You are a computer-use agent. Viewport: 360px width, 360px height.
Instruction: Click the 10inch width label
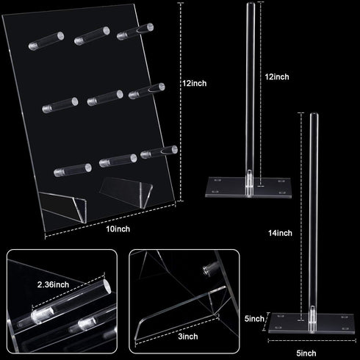tap(118, 229)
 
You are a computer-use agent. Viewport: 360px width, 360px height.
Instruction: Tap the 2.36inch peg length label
tap(53, 284)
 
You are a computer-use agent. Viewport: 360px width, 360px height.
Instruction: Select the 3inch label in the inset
tap(188, 336)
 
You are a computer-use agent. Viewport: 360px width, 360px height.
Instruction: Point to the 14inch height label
tap(280, 233)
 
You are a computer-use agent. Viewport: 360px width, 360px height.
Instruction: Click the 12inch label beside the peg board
tap(194, 83)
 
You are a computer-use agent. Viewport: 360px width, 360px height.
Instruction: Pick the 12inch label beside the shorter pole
tap(277, 77)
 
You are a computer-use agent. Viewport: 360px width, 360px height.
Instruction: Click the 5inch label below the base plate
tap(306, 353)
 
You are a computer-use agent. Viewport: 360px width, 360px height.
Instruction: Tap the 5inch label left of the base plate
tap(254, 319)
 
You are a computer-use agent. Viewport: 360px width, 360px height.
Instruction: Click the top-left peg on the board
tap(46, 41)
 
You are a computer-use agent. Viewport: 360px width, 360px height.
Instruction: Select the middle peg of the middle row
tap(105, 98)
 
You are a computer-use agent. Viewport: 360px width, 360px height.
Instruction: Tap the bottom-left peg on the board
tap(73, 170)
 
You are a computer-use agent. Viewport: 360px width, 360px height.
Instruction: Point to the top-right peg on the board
tap(135, 32)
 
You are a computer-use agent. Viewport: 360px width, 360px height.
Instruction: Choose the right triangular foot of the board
tap(126, 192)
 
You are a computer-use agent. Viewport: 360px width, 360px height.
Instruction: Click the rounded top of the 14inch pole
tap(314, 115)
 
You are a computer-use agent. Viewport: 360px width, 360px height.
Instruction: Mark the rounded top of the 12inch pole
tap(251, 5)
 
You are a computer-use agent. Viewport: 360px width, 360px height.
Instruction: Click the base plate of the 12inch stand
tap(248, 187)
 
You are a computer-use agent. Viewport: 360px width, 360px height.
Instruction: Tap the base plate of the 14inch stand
tap(312, 323)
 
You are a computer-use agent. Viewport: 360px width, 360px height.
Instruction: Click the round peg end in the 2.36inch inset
tap(107, 287)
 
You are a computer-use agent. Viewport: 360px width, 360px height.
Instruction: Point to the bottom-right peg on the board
tap(159, 152)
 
